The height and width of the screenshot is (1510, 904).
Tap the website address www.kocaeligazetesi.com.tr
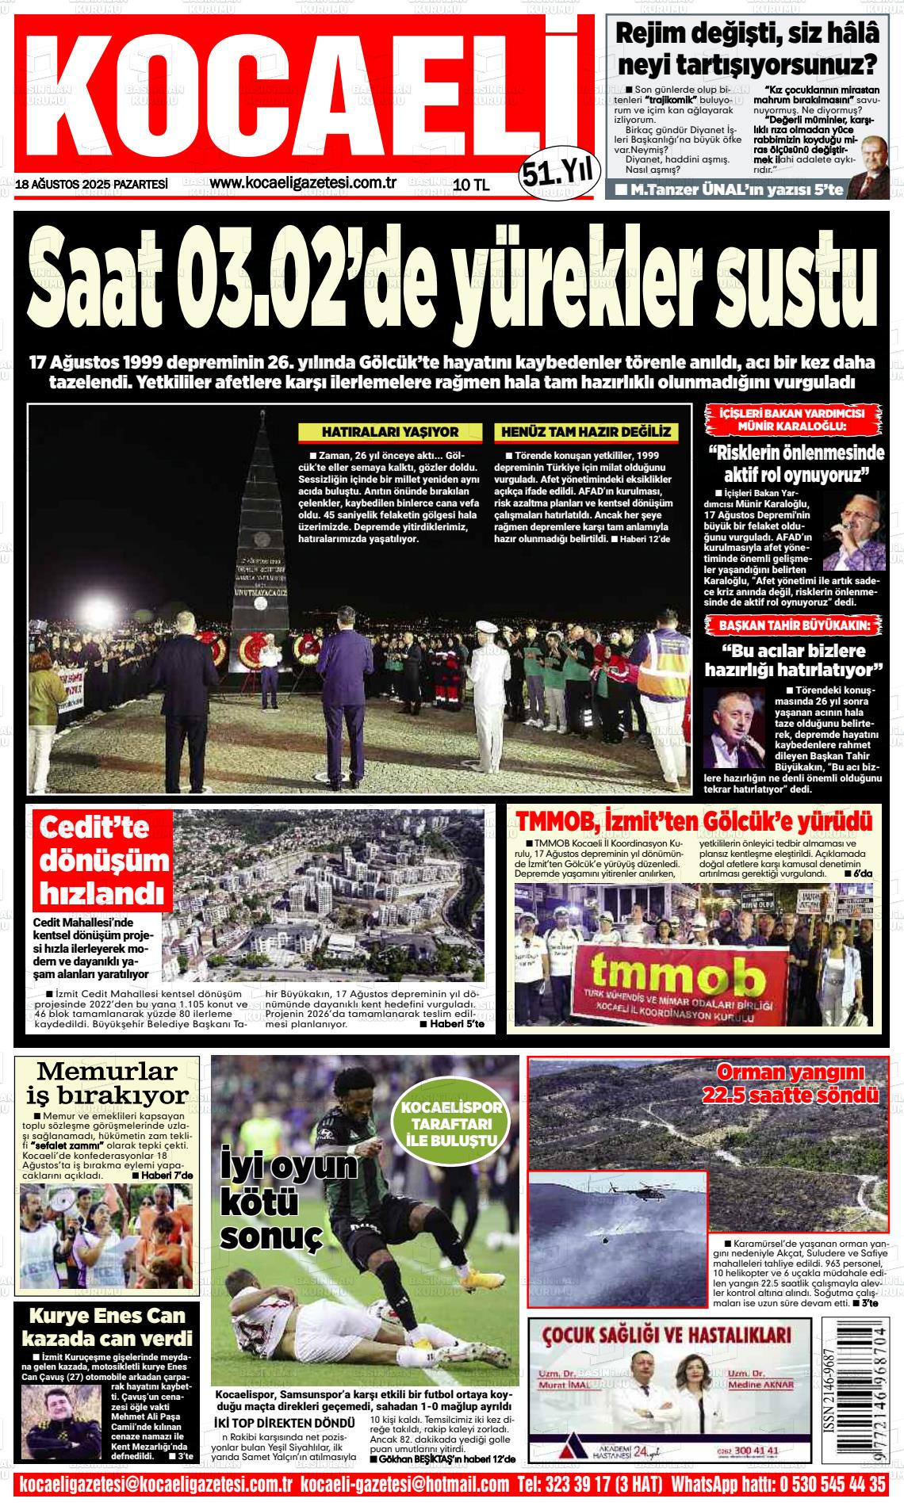click(x=303, y=183)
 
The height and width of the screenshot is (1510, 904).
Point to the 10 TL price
click(x=471, y=185)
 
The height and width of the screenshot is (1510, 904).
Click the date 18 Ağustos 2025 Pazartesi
click(x=91, y=184)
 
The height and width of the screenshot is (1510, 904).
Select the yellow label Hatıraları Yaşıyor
click(x=389, y=432)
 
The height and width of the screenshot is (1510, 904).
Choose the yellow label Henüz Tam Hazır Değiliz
click(x=586, y=432)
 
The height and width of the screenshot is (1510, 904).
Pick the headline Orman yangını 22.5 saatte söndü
click(x=791, y=1084)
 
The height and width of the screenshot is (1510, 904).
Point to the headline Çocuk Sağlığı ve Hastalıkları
click(x=668, y=1336)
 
